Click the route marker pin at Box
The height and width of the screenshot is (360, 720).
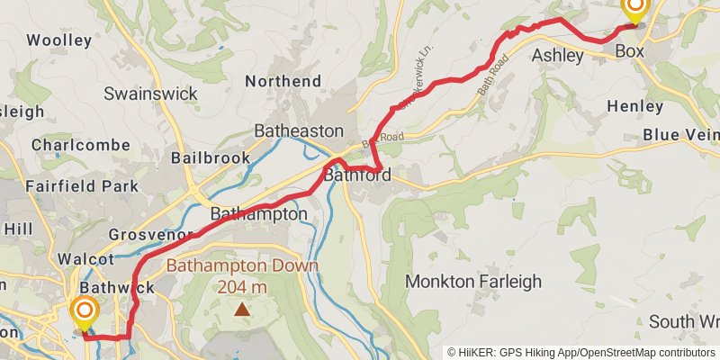point(634,11)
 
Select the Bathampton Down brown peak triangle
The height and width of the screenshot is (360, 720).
point(241,310)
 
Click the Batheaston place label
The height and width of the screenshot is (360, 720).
point(299,130)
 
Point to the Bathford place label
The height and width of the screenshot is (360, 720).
point(357,175)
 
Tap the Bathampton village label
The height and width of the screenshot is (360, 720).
point(258,214)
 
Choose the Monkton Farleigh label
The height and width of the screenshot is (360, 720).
point(473,282)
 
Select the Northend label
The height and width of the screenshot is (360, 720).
point(283,81)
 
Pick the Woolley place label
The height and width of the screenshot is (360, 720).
point(59,40)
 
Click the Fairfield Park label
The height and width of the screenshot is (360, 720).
point(83,186)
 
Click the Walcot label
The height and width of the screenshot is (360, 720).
point(85,258)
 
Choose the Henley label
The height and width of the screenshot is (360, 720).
point(634,106)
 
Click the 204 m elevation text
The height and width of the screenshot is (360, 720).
point(242,287)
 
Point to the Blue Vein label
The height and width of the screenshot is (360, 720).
point(680,135)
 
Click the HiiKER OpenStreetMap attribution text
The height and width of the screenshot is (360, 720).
point(581,352)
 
